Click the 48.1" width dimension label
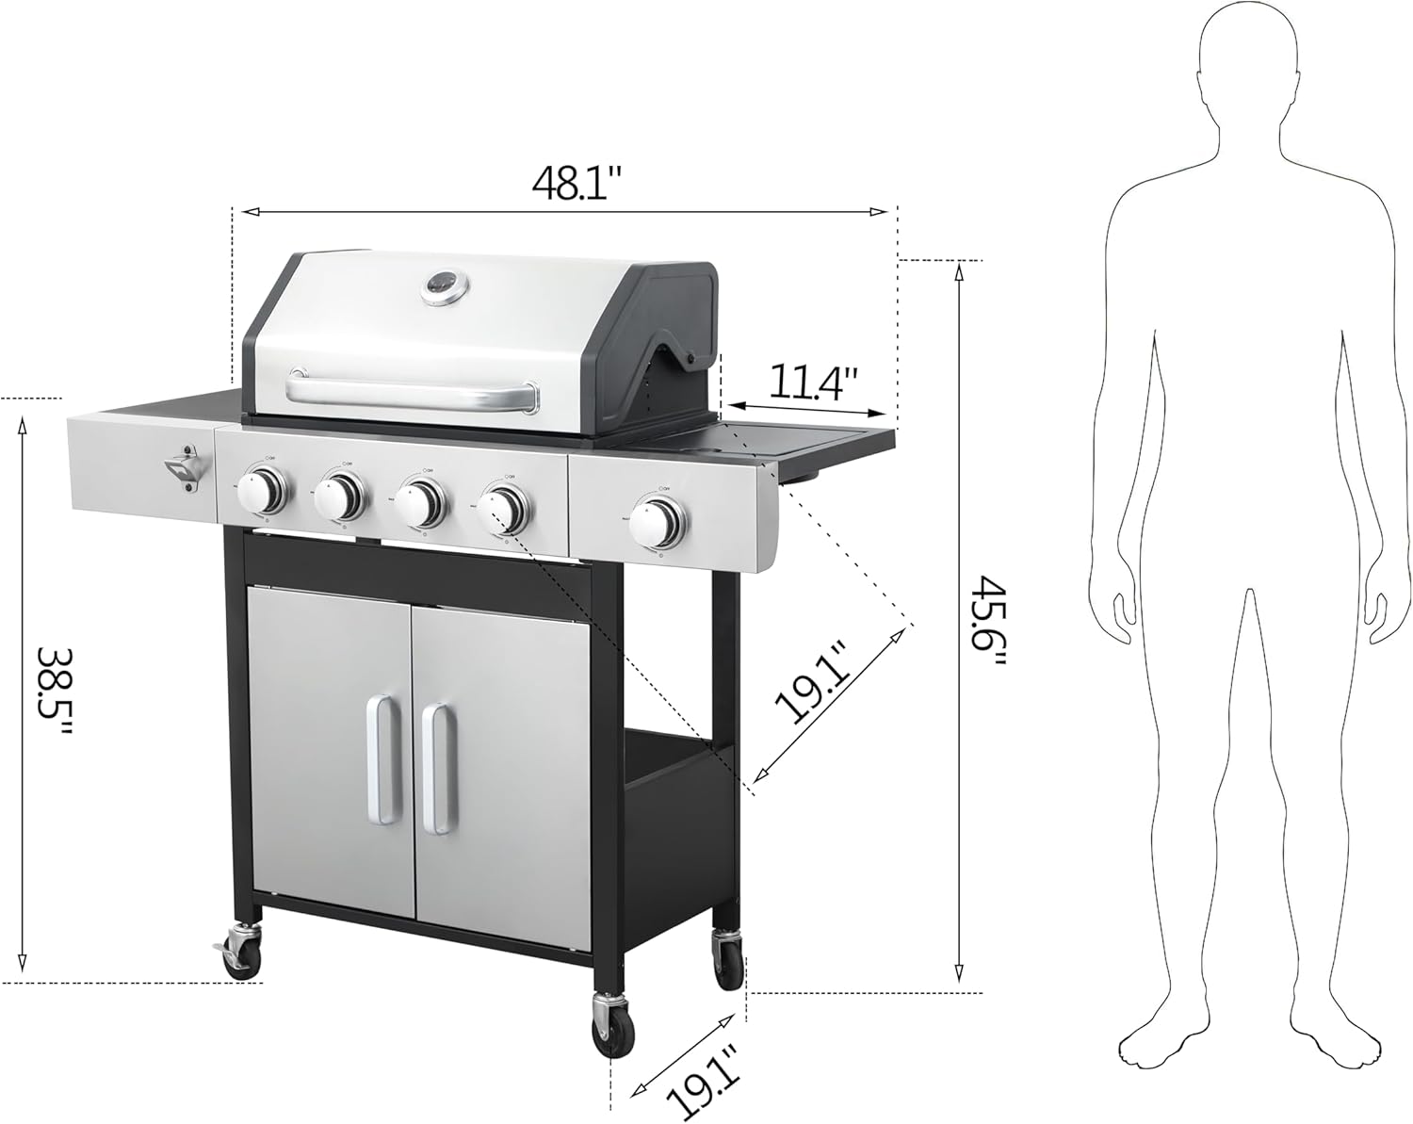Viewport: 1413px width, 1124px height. point(577,182)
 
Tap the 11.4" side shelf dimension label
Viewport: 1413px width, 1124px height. point(813,382)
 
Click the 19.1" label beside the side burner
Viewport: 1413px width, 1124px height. point(813,681)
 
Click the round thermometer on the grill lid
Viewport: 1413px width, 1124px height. point(444,286)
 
